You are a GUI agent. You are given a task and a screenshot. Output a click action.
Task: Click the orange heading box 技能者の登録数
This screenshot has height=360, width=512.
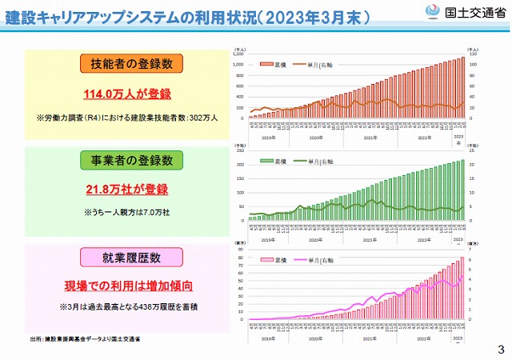[x=131, y=63]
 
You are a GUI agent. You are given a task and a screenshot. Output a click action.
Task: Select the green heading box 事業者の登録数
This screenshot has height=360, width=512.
[x=131, y=161]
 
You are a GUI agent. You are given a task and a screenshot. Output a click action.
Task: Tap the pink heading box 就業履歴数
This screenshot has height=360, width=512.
[x=131, y=257]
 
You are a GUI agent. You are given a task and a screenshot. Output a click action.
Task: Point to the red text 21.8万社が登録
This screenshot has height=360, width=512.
[x=131, y=190]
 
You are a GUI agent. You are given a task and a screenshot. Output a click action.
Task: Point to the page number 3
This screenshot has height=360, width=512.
[x=501, y=349]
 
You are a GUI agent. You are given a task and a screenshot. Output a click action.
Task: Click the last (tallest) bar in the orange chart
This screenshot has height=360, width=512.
[x=462, y=87]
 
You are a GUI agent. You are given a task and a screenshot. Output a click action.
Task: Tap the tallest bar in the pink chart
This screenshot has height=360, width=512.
[x=462, y=288]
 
